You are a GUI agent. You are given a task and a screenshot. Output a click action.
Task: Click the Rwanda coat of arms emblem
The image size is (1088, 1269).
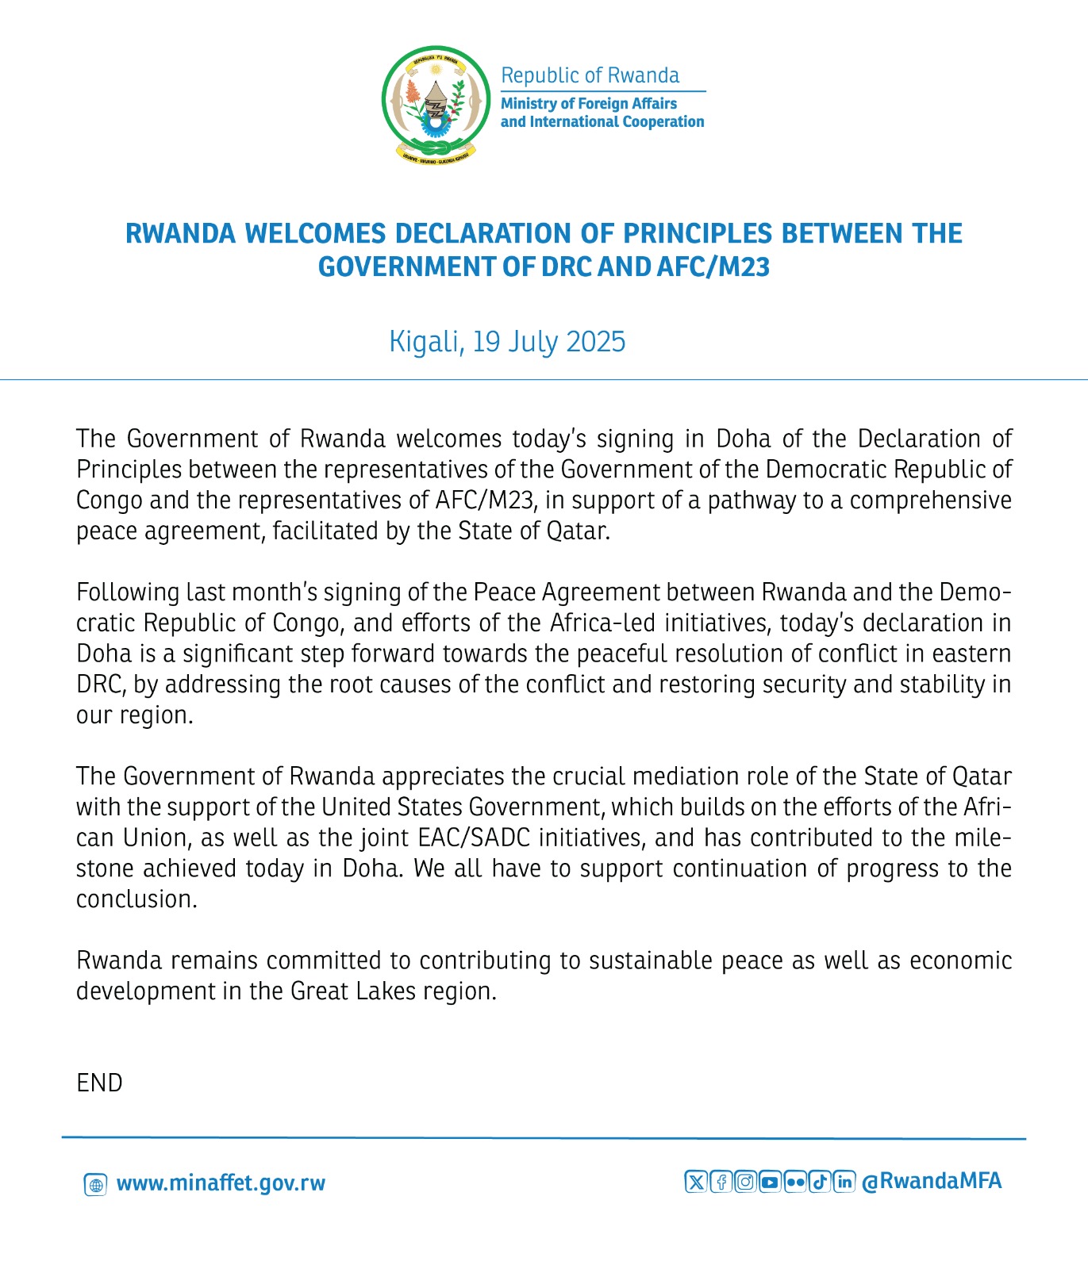coord(436,103)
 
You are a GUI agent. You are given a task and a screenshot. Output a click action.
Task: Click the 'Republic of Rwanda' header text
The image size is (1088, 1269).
coord(590,75)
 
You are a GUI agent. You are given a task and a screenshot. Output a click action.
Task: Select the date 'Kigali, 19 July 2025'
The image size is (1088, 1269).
coord(507,342)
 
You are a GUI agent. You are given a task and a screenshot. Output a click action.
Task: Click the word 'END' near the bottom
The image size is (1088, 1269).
coord(99,1083)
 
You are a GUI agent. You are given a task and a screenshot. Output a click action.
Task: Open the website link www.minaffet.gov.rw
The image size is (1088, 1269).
coord(221,1183)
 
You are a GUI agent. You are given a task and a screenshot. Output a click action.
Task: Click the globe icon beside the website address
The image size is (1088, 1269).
coord(95,1185)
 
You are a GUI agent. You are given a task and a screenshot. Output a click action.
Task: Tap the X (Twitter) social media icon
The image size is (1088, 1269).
coord(695,1182)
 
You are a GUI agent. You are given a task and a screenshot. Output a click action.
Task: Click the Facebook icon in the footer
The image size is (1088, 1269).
coord(721,1182)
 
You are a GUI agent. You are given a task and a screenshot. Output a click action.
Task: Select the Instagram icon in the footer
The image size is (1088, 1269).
coord(745,1182)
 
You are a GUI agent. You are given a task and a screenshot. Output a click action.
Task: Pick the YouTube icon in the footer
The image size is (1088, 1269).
coord(770,1182)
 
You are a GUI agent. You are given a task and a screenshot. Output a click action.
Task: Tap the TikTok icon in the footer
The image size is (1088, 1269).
coord(820,1182)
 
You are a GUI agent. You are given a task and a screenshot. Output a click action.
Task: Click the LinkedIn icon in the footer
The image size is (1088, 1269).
coord(844,1182)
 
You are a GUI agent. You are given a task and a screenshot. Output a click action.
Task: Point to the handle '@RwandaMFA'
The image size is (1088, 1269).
coord(932,1181)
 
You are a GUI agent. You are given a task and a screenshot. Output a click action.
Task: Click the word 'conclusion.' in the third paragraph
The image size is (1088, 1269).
coord(136,899)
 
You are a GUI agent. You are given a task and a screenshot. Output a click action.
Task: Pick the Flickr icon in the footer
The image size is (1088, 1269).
coord(794,1182)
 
